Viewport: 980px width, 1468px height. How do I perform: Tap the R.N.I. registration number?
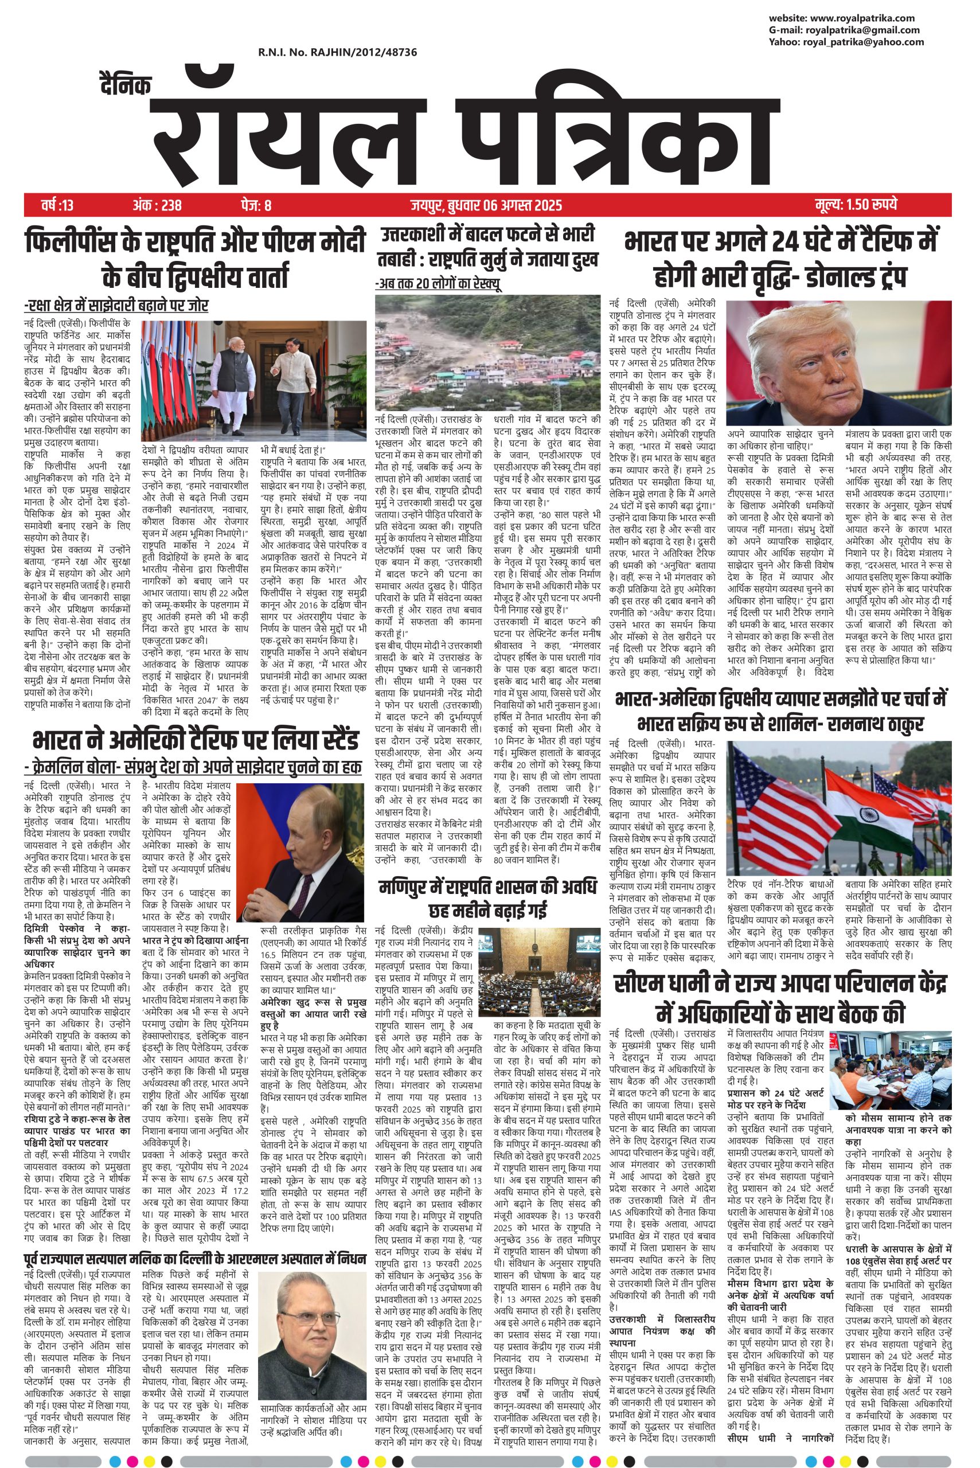point(338,53)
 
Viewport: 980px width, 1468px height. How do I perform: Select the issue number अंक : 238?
point(157,205)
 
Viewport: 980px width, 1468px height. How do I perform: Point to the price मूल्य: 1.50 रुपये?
point(856,205)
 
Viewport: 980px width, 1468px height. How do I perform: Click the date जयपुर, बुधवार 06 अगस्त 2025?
point(486,205)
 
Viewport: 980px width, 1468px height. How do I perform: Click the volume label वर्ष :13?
point(57,205)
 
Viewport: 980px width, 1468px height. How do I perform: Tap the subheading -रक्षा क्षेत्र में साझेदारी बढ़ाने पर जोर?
point(116,306)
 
